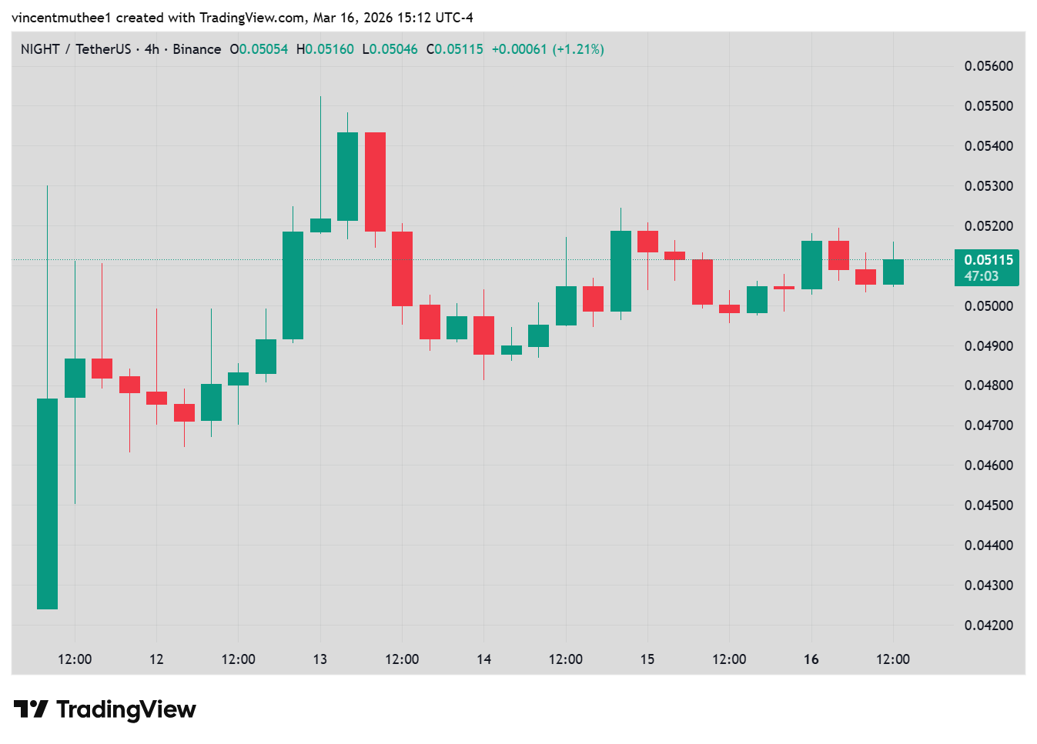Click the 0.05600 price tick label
tap(988, 66)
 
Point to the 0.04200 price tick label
tap(988, 626)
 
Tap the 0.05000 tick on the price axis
tap(988, 306)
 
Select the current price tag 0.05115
tap(988, 260)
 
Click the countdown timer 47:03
tap(982, 276)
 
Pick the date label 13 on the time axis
tap(320, 659)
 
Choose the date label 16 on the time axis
tap(811, 659)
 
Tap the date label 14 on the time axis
tap(483, 659)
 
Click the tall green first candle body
tap(48, 504)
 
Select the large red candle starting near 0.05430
tap(375, 182)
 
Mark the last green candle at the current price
tap(893, 272)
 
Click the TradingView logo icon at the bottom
tap(31, 709)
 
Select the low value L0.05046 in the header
tap(390, 49)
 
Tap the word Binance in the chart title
tap(197, 49)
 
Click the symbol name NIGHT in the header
tap(40, 49)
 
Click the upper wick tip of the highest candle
tap(320, 97)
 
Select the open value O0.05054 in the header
tap(259, 49)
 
